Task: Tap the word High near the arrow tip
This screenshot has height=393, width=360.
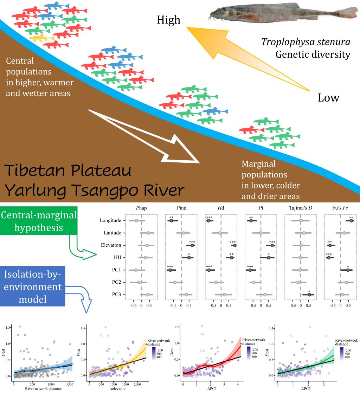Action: tap(169, 20)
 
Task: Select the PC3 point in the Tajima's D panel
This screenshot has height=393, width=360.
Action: tap(309, 295)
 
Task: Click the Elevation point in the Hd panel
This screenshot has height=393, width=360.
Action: tap(234, 245)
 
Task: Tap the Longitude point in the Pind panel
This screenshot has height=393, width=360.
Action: tap(172, 221)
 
